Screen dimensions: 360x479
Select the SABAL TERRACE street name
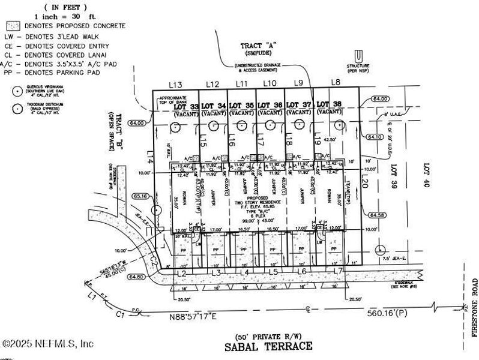[x=268, y=346]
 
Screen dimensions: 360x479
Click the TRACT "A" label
[x=255, y=46]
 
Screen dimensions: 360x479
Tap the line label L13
[x=159, y=85]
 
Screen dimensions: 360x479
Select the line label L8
[x=336, y=82]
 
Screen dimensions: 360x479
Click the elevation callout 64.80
[x=136, y=277]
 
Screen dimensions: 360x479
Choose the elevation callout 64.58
[x=378, y=215]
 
